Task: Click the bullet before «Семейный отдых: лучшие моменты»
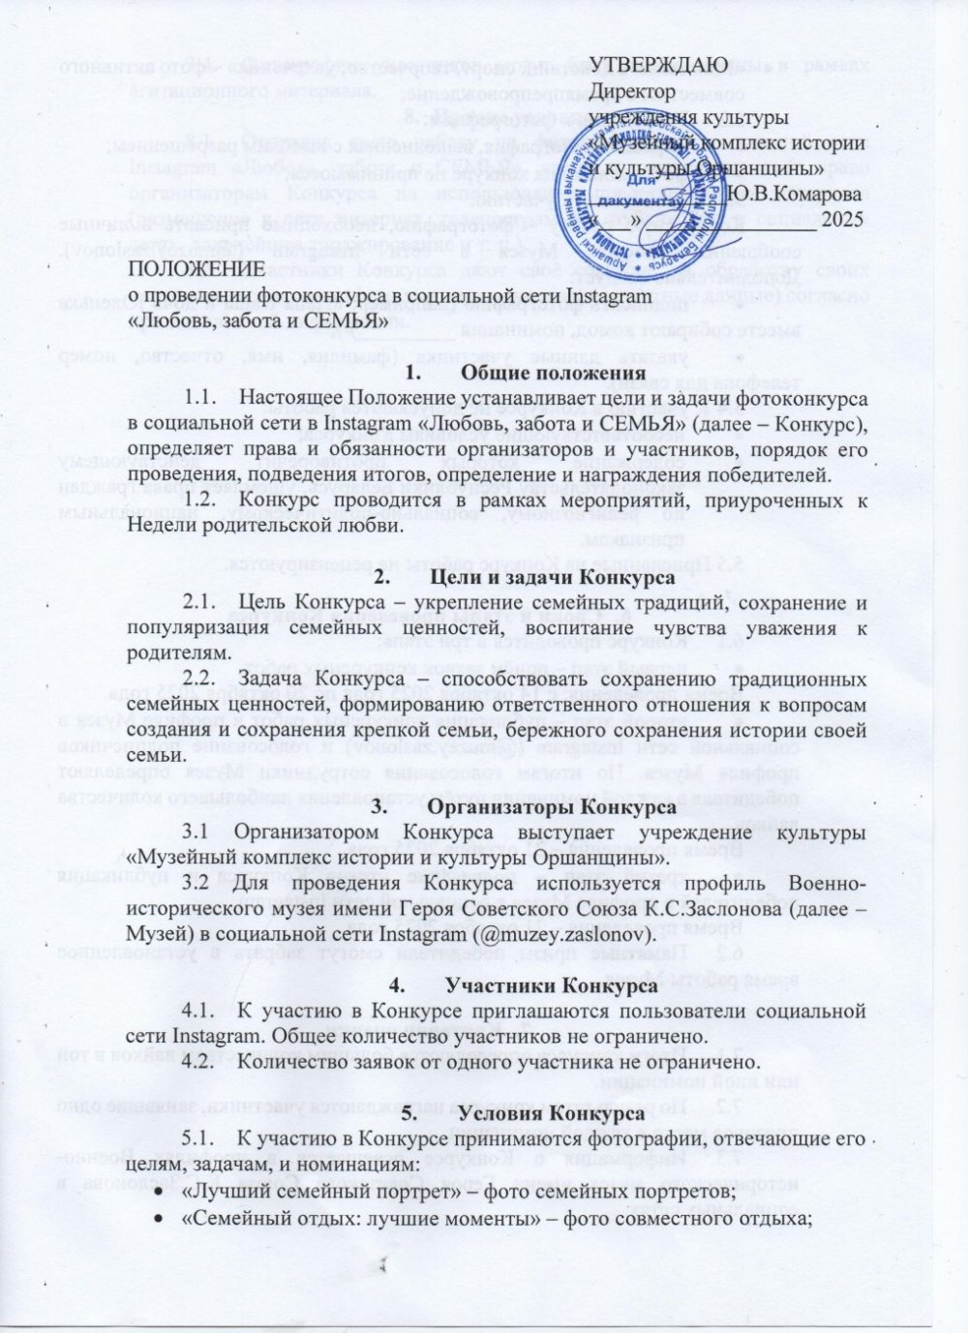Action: pyautogui.click(x=158, y=1218)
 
